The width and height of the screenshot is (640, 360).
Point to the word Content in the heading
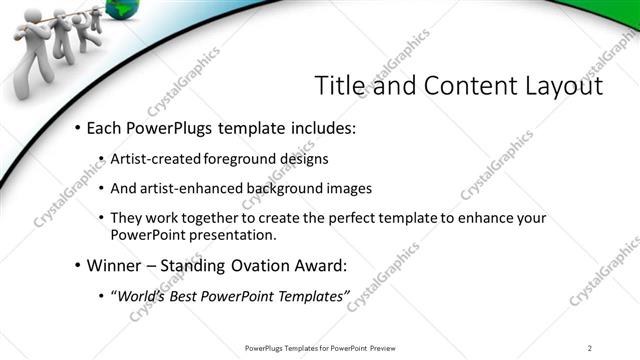(459, 86)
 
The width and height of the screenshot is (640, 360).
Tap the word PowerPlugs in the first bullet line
(175, 129)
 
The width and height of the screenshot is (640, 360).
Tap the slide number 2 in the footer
(590, 347)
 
